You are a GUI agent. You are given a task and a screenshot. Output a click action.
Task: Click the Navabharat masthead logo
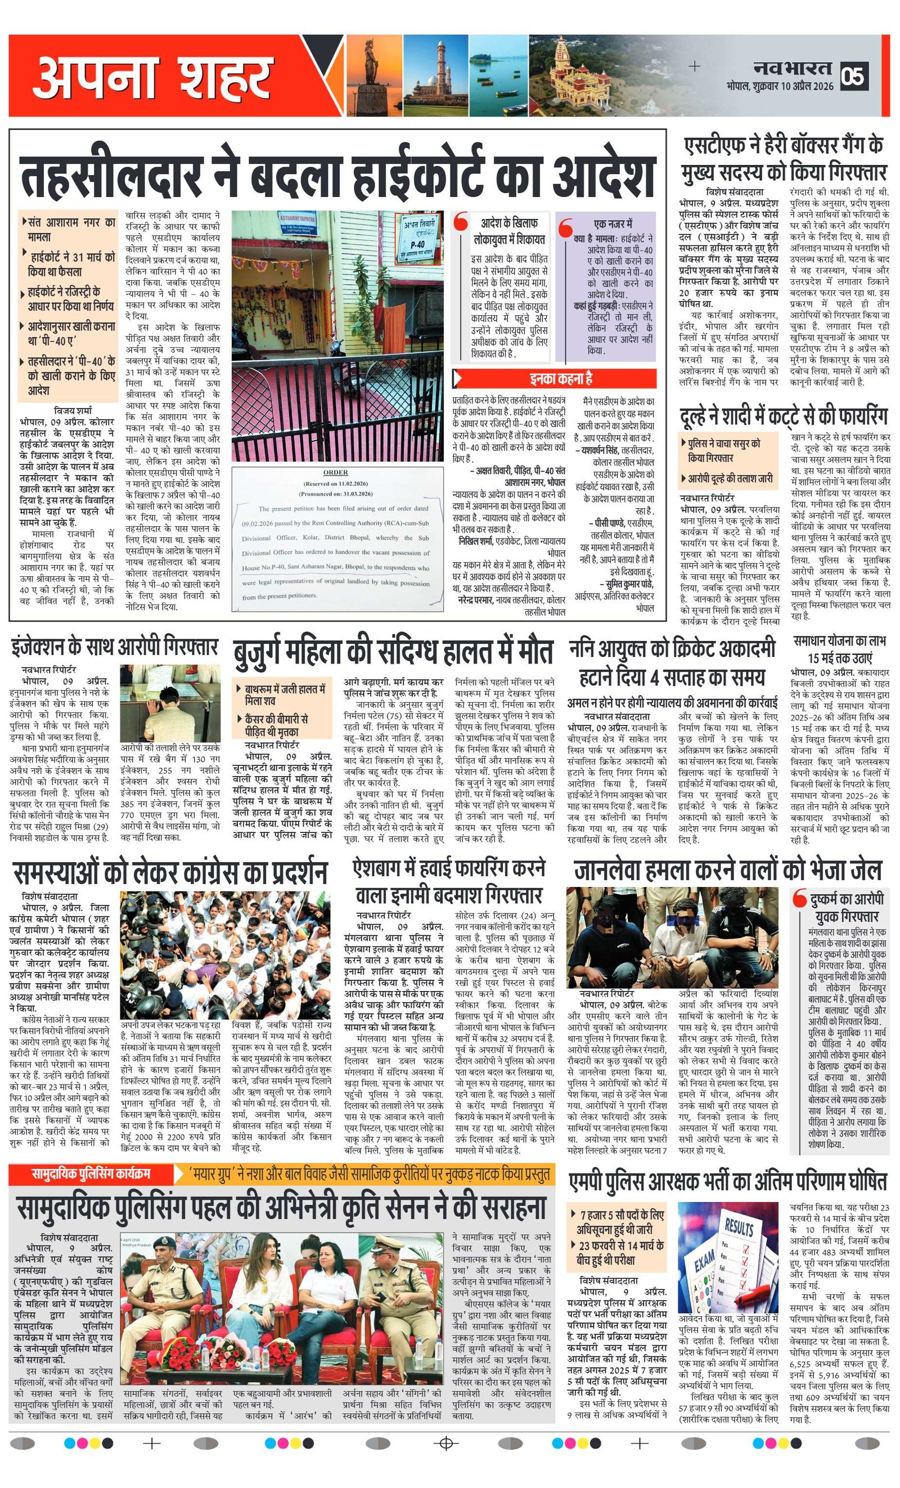(792, 68)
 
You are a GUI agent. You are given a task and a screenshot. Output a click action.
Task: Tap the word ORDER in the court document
(335, 472)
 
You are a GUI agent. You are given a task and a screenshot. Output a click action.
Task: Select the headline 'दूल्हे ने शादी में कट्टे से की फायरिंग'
(784, 416)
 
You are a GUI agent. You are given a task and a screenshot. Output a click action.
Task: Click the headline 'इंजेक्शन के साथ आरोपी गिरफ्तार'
(114, 647)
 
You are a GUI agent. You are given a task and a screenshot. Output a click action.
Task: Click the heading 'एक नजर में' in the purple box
(612, 223)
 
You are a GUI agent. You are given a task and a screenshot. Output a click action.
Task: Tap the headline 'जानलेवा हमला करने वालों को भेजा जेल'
(727, 870)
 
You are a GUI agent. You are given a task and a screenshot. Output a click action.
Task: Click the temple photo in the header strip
(573, 75)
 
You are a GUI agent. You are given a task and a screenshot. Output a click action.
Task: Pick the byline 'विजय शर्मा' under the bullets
(73, 410)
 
